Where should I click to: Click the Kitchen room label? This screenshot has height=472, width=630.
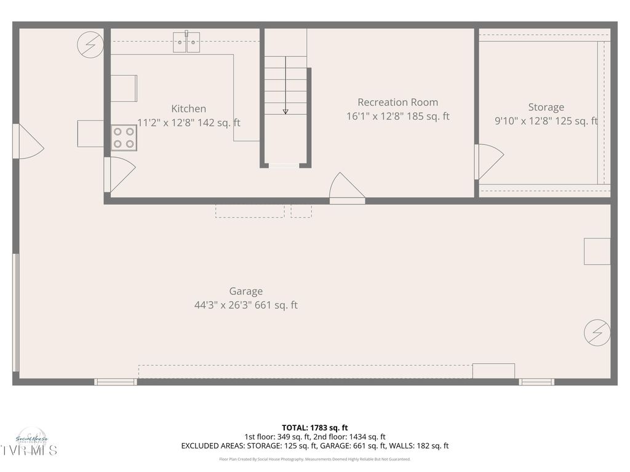pyautogui.click(x=188, y=109)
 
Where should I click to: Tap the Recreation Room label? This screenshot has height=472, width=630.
pyautogui.click(x=397, y=102)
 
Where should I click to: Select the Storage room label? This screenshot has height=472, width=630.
pyautogui.click(x=546, y=107)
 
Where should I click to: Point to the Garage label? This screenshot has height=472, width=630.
pyautogui.click(x=245, y=291)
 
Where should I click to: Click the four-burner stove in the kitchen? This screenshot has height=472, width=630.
pyautogui.click(x=124, y=138)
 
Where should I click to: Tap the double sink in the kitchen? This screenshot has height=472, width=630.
pyautogui.click(x=186, y=42)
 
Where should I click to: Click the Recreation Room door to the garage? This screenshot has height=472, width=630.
pyautogui.click(x=346, y=187)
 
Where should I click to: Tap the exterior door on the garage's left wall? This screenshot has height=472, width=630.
pyautogui.click(x=27, y=142)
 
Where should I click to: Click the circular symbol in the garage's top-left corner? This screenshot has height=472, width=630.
pyautogui.click(x=90, y=45)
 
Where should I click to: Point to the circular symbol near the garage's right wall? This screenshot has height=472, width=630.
pyautogui.click(x=597, y=332)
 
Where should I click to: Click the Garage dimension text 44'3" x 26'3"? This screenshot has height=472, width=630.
pyautogui.click(x=245, y=305)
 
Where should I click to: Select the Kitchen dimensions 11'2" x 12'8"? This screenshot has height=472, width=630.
pyautogui.click(x=188, y=123)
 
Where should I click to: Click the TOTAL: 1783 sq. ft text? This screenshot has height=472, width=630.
pyautogui.click(x=315, y=427)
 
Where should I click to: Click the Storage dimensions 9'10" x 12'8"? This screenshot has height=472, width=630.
pyautogui.click(x=546, y=121)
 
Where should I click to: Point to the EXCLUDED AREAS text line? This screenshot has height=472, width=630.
pyautogui.click(x=315, y=446)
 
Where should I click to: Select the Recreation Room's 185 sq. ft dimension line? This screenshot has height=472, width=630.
pyautogui.click(x=397, y=116)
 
